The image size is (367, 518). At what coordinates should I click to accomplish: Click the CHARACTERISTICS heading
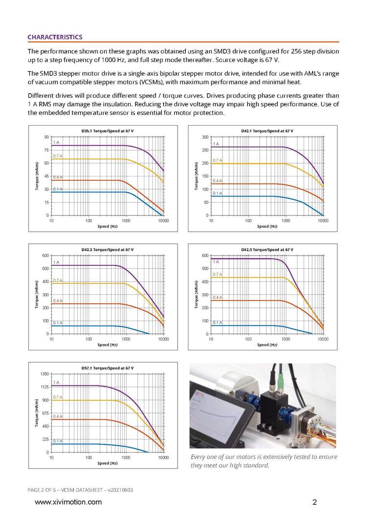click(x=55, y=37)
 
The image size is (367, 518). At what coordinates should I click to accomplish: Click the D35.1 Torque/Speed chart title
click(x=107, y=131)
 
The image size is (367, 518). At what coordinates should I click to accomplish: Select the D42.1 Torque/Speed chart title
click(x=267, y=131)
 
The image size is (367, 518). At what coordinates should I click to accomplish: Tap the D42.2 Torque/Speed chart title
click(x=107, y=250)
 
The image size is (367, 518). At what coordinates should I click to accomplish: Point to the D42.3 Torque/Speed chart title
click(x=267, y=250)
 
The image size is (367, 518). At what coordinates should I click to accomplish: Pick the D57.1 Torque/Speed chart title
click(x=107, y=367)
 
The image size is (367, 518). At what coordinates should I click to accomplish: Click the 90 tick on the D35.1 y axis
click(x=46, y=137)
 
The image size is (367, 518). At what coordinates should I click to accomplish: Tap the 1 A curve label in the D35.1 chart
click(x=56, y=142)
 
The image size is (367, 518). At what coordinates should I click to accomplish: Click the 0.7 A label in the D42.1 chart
click(x=218, y=160)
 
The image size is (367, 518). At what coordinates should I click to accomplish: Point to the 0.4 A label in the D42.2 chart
click(x=58, y=301)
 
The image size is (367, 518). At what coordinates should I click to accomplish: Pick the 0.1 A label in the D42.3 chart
click(x=218, y=323)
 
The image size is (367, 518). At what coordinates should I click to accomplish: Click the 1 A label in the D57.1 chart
click(x=56, y=382)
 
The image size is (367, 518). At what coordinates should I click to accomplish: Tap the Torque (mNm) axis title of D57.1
click(x=37, y=413)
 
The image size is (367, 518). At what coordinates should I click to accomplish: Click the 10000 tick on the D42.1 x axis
click(x=323, y=221)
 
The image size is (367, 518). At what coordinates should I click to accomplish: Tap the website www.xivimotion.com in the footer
click(x=68, y=502)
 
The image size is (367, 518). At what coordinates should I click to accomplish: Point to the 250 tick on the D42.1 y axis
click(x=206, y=151)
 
